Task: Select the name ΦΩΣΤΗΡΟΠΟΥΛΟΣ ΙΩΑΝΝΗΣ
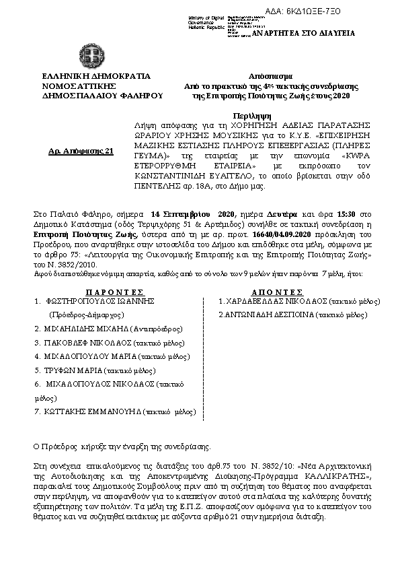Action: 95,283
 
